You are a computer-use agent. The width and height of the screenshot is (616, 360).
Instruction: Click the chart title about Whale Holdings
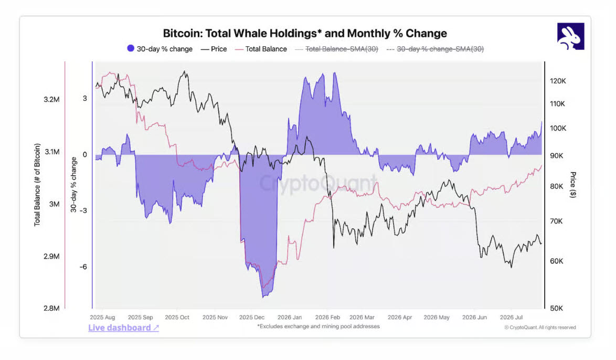305,34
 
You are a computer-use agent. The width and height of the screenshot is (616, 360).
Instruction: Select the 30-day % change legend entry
160,49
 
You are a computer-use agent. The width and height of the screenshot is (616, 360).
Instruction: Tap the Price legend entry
214,49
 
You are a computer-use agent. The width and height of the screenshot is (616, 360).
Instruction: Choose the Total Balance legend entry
261,49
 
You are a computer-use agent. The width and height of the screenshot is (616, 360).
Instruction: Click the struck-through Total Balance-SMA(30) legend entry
337,49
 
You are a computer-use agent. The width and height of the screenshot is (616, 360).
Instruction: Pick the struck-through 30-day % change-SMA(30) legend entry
436,49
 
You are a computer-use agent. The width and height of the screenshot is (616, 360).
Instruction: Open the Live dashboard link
123,328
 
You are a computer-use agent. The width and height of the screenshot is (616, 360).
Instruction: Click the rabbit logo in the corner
570,36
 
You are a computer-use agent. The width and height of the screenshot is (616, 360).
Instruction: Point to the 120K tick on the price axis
558,81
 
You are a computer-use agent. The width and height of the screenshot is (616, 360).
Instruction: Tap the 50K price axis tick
556,308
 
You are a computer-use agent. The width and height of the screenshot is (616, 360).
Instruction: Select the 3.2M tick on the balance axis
51,99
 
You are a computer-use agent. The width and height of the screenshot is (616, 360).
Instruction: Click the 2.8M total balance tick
51,308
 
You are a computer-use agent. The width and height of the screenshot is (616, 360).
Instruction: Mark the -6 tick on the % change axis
83,267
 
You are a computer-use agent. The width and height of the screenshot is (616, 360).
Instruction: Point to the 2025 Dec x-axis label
252,317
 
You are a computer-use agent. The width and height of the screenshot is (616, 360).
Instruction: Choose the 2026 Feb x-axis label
327,317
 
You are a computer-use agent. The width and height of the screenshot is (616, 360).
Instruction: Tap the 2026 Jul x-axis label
511,317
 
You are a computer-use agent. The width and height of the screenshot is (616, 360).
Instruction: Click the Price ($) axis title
573,185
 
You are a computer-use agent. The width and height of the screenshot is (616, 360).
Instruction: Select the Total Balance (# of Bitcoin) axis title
37,185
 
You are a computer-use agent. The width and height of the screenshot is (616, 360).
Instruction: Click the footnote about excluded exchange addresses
318,326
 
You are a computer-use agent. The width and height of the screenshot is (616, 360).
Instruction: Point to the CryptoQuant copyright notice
540,327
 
